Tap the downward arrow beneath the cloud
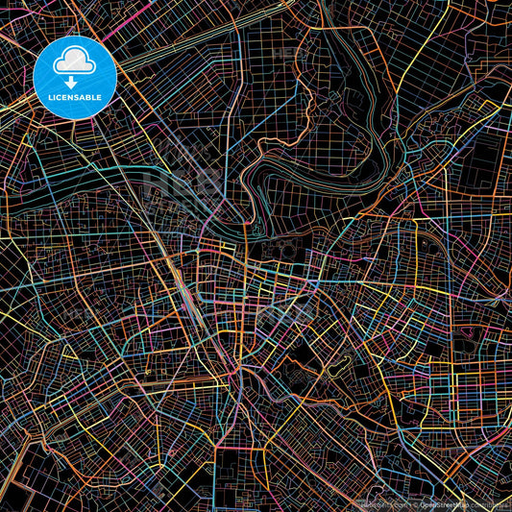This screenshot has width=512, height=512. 73,81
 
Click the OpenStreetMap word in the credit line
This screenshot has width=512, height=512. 438,503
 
